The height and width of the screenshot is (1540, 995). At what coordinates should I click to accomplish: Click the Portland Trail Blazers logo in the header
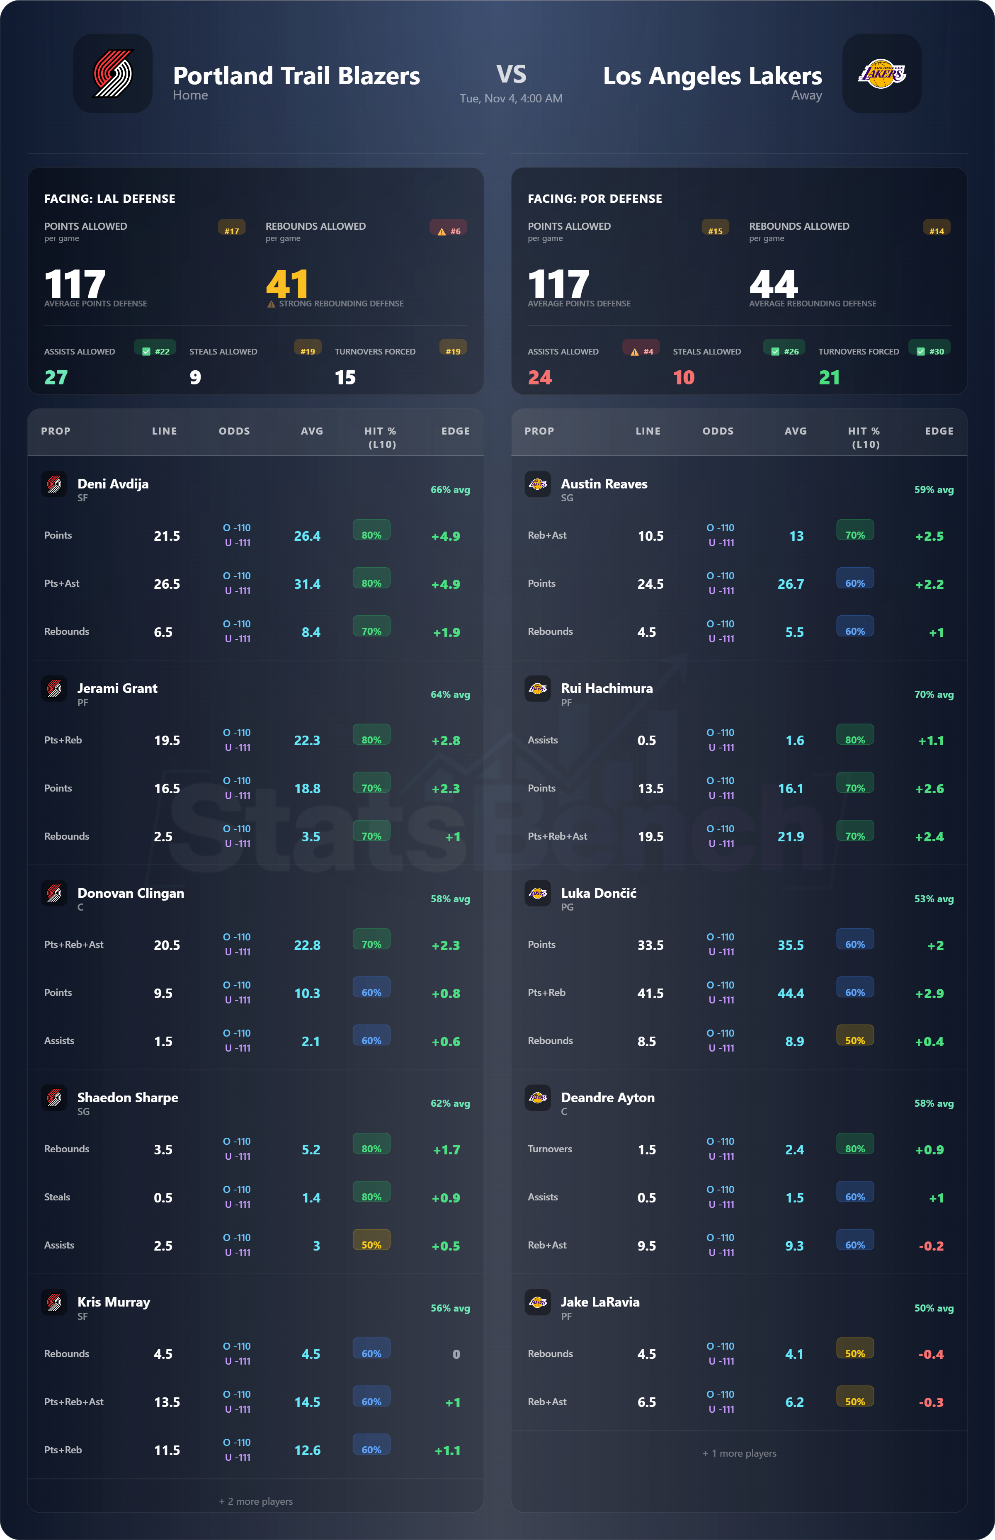click(x=113, y=74)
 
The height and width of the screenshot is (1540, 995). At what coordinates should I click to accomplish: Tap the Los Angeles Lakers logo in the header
click(x=881, y=74)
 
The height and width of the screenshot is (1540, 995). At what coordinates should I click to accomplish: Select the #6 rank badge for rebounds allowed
click(x=449, y=231)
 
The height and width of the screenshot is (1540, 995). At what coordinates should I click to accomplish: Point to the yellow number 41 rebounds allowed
click(x=287, y=283)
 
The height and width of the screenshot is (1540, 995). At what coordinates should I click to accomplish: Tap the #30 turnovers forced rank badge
click(x=930, y=351)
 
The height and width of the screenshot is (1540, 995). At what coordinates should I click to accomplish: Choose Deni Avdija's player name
click(x=113, y=484)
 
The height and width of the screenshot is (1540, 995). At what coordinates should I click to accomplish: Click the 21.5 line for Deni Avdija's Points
click(x=167, y=536)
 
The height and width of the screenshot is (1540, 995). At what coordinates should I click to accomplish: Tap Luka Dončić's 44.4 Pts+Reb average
click(x=790, y=993)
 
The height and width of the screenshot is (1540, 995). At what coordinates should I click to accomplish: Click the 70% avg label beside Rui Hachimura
click(x=933, y=695)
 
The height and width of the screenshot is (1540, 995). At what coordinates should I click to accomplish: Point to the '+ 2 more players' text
click(x=256, y=1501)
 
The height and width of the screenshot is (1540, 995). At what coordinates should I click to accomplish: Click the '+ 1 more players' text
click(x=739, y=1453)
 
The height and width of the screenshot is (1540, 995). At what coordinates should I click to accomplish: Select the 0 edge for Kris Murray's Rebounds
click(x=456, y=1354)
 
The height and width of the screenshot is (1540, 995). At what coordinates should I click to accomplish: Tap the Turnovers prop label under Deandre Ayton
click(x=549, y=1149)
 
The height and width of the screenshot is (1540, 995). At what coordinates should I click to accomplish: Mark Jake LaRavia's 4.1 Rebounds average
click(x=794, y=1354)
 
